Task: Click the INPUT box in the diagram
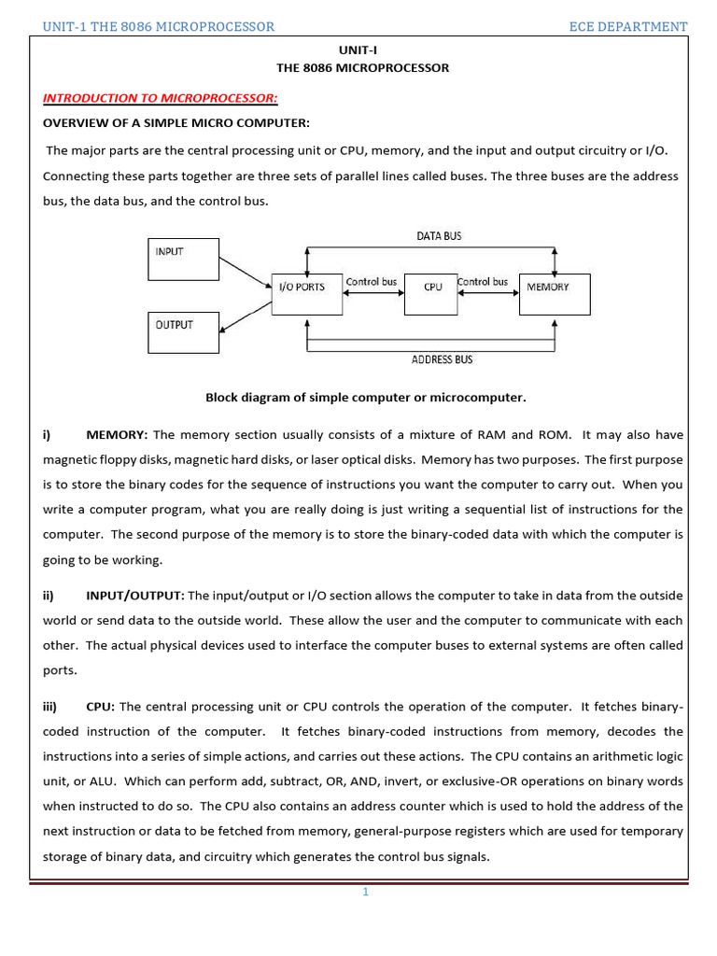pyautogui.click(x=183, y=259)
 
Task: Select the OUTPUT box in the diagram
pyautogui.click(x=183, y=333)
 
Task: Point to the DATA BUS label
pyautogui.click(x=439, y=236)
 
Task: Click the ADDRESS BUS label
pyautogui.click(x=442, y=359)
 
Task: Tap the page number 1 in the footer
pyautogui.click(x=366, y=892)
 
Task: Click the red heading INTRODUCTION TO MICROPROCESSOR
pyautogui.click(x=161, y=98)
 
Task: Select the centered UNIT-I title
pyautogui.click(x=362, y=49)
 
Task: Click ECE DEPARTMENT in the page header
pyautogui.click(x=628, y=26)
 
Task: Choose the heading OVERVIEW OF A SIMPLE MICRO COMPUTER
pyautogui.click(x=176, y=123)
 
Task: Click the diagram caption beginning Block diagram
pyautogui.click(x=365, y=397)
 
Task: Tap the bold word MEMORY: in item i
pyautogui.click(x=117, y=434)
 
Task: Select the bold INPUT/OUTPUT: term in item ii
pyautogui.click(x=135, y=595)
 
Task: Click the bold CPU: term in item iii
pyautogui.click(x=101, y=706)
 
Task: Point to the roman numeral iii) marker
pyautogui.click(x=50, y=706)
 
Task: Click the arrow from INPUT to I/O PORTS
pyautogui.click(x=245, y=273)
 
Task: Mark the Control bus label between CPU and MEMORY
pyautogui.click(x=483, y=281)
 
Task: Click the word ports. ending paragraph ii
pyautogui.click(x=60, y=670)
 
